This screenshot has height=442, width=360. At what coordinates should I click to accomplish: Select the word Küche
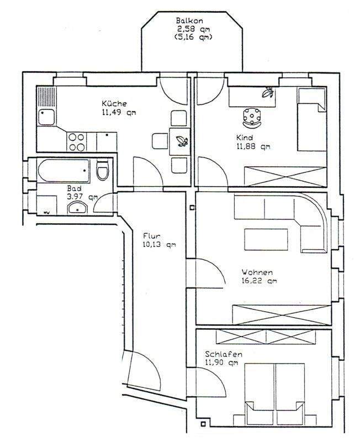coord(114,103)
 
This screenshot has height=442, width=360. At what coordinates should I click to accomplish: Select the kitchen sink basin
coord(45,117)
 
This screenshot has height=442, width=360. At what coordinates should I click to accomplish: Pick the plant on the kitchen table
coord(179,140)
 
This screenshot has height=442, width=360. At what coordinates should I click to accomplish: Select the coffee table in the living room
coord(267,239)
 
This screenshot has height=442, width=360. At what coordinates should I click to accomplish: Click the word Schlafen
coord(223,354)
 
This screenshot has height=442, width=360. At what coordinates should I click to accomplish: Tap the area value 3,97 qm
coord(83,196)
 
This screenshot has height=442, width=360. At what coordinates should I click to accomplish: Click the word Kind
coord(243,138)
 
